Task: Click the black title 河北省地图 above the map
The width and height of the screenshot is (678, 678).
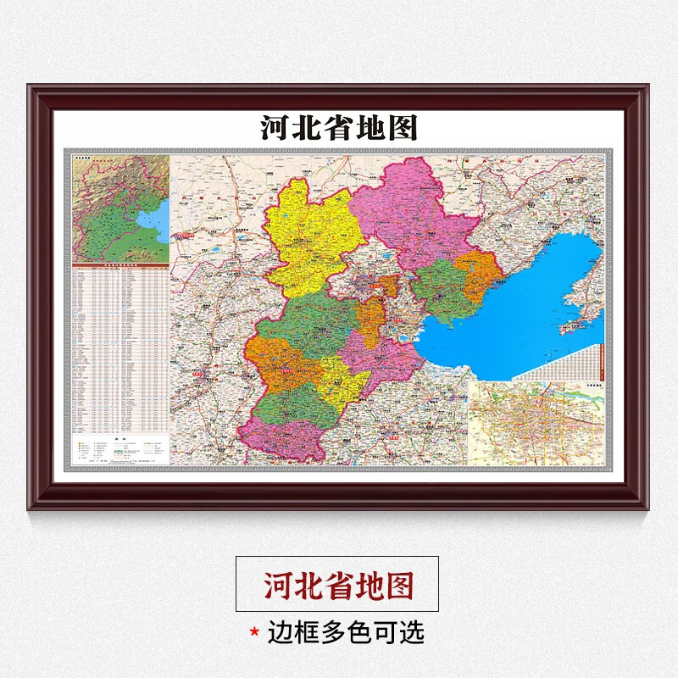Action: pos(338,128)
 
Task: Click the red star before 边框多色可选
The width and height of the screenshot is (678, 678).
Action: pos(253,632)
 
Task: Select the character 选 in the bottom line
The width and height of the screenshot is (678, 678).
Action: pos(412,631)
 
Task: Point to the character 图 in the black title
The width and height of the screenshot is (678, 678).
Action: pos(403,128)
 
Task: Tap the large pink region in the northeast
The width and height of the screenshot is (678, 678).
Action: pos(407,208)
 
